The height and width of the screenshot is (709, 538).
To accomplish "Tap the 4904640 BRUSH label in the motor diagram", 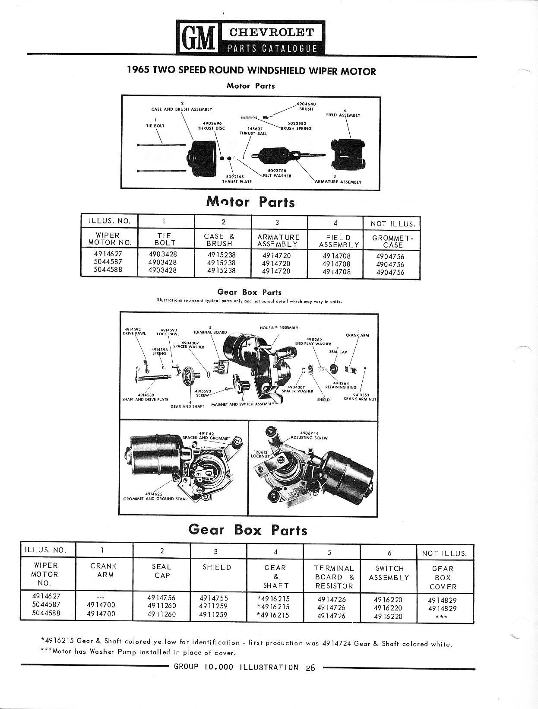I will pyautogui.click(x=306, y=106).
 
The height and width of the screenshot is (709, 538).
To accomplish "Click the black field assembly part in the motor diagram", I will pyautogui.click(x=350, y=154).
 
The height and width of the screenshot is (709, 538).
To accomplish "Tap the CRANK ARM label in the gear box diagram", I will pyautogui.click(x=357, y=335).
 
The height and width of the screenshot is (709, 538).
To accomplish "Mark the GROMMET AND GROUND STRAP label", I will pyautogui.click(x=155, y=496).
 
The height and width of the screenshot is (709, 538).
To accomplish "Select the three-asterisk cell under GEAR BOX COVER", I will pyautogui.click(x=442, y=617).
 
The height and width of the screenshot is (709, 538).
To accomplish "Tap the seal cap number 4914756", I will pyautogui.click(x=161, y=598).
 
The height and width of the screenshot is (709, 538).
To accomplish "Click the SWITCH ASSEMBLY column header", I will pyautogui.click(x=389, y=573).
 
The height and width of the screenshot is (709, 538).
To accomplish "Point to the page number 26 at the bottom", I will pyautogui.click(x=310, y=668).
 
